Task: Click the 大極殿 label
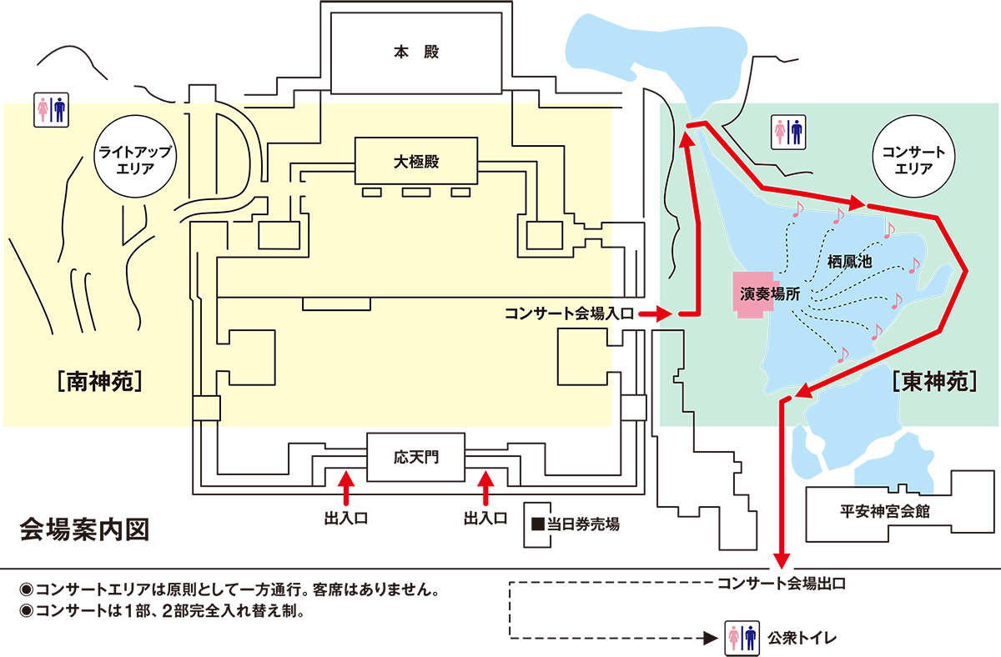[416, 162]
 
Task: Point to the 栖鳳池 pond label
[849, 261]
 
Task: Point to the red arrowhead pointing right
[855, 203]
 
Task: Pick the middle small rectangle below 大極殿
[415, 193]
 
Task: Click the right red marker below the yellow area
[485, 490]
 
